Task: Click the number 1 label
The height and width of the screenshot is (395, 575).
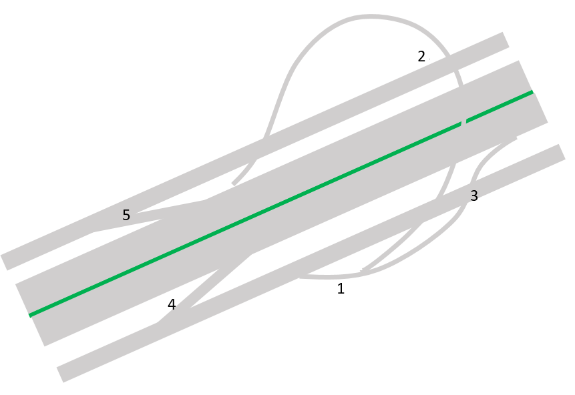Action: coord(341,289)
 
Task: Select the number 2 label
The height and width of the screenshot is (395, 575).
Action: coord(421,57)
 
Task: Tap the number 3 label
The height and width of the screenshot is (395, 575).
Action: coord(474,196)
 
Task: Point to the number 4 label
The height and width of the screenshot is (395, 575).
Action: coord(172,304)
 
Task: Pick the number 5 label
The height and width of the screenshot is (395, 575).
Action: coord(126,215)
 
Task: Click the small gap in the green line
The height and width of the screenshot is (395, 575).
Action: coord(463,122)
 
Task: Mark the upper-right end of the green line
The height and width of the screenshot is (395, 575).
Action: coord(532,91)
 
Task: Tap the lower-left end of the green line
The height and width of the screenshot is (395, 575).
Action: coord(30,314)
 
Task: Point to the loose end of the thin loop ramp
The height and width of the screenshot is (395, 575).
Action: coord(234,183)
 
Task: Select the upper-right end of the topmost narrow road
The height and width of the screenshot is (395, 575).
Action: coord(504,39)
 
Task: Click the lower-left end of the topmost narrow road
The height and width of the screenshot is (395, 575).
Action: coord(5,262)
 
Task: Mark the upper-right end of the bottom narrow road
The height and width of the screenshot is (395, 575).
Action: coord(561,151)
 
